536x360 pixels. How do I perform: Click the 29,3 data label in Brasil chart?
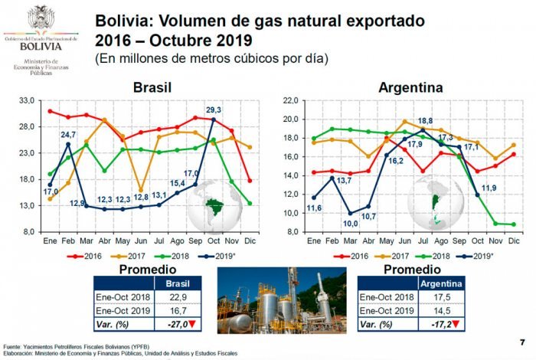pos(214,110)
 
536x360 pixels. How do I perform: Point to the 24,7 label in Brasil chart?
pos(68,135)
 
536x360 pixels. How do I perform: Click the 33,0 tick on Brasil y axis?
pos(27,100)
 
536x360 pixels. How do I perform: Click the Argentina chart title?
pos(410,87)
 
